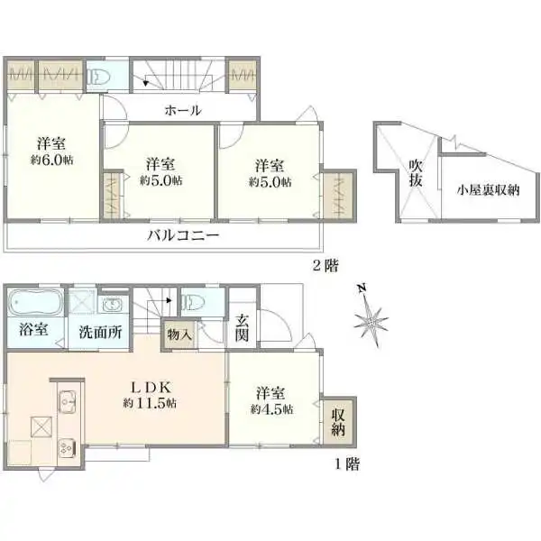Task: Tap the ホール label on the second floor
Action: (182, 110)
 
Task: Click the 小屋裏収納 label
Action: (488, 189)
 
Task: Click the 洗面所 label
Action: (99, 331)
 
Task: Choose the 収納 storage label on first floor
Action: (338, 421)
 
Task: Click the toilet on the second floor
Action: (100, 73)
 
